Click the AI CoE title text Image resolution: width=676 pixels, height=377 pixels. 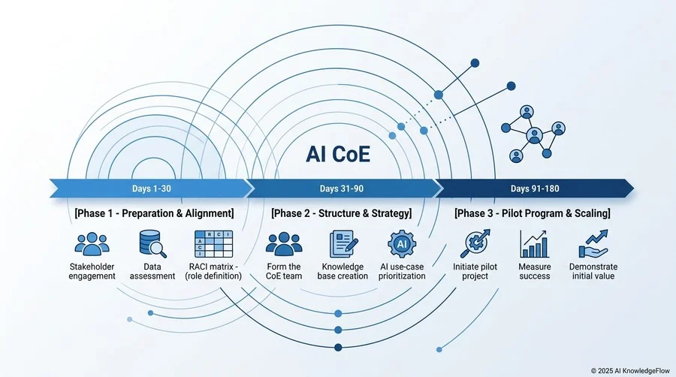click(338, 154)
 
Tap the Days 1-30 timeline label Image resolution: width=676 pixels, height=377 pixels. click(151, 188)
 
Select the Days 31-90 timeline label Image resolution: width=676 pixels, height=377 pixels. click(342, 188)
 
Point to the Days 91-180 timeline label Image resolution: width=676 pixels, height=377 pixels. click(535, 188)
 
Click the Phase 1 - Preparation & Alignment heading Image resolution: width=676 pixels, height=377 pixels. click(154, 213)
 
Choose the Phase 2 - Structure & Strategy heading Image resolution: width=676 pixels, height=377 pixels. click(342, 213)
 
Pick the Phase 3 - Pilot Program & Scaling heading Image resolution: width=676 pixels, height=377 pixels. click(533, 213)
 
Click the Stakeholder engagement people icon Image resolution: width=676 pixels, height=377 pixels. click(92, 244)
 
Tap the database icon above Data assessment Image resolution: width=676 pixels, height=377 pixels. click(152, 244)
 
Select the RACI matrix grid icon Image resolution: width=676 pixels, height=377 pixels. click(213, 244)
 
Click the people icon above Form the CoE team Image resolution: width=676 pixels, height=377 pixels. click(284, 244)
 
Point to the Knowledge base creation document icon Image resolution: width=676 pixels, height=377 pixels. click(343, 244)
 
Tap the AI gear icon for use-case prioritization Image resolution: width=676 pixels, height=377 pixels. click(402, 244)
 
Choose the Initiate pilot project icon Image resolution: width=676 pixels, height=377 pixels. click(475, 243)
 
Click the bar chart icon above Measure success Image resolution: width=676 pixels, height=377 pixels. click(535, 244)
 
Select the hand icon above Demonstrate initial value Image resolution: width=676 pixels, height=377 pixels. click(593, 244)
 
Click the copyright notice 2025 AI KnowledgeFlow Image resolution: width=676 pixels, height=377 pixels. click(630, 370)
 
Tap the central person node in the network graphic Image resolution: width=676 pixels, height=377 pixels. click(535, 135)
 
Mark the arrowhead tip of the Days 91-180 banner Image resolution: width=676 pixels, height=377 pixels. click(634, 188)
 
